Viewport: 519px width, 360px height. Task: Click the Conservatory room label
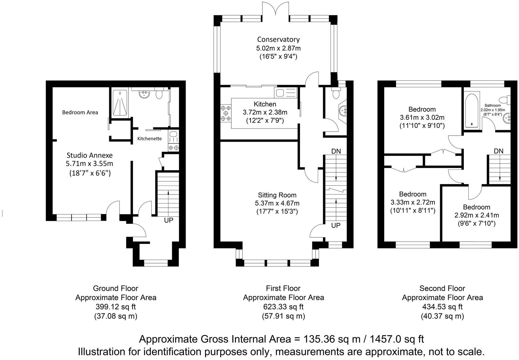278,39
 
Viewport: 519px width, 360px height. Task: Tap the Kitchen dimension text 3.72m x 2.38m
265,112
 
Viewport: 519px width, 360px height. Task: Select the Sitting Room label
277,195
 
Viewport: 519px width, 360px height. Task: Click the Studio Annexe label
90,155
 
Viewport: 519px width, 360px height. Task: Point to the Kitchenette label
149,139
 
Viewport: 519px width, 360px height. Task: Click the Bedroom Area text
80,112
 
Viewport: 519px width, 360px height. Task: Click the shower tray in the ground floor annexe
120,103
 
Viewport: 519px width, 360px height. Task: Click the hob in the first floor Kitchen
226,113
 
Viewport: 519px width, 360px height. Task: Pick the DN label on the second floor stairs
499,151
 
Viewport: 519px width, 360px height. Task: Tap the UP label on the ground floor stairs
169,220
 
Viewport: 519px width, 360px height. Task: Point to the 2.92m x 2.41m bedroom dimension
476,215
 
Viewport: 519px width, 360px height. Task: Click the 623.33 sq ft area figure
283,307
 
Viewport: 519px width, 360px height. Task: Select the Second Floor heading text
442,288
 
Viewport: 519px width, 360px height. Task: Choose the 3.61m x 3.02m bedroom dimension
422,118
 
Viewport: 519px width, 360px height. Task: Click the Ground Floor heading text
116,288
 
